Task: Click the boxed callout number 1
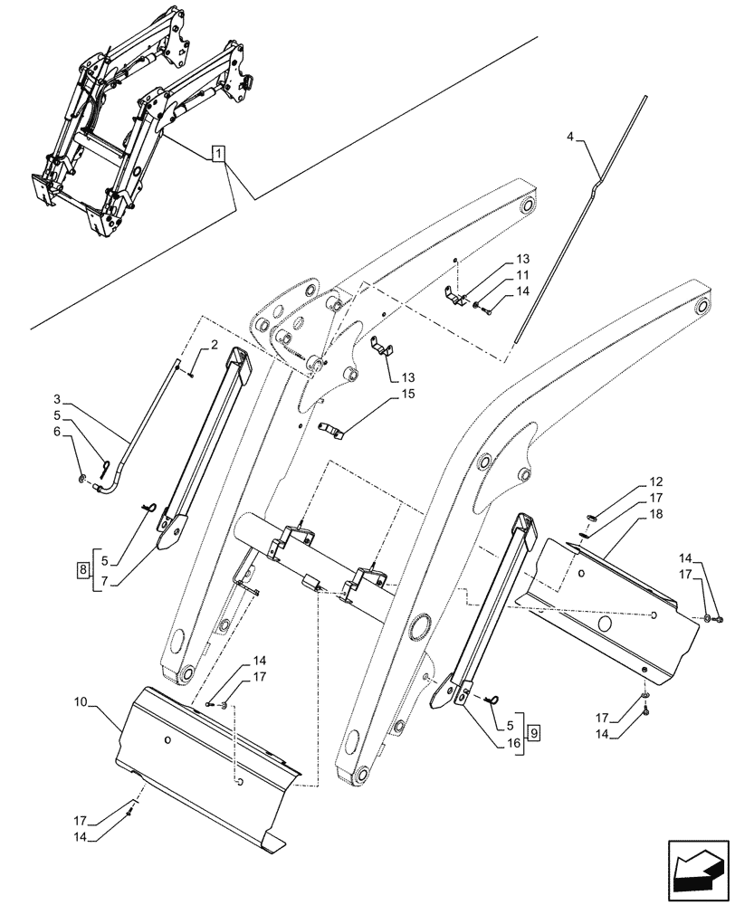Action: click(x=218, y=155)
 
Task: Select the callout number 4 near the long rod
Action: click(x=569, y=137)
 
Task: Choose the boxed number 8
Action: click(x=82, y=570)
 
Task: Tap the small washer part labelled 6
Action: click(x=84, y=478)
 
